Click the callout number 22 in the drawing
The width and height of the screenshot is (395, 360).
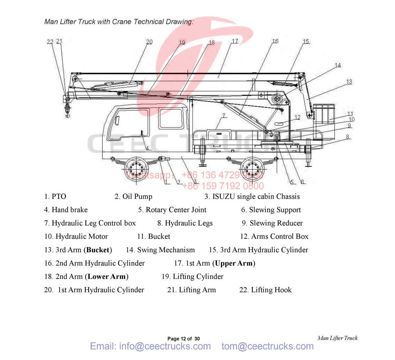50,42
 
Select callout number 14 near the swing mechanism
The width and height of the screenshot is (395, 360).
338,65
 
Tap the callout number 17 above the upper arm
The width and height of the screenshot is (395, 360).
235,41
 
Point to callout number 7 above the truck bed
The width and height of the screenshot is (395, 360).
224,116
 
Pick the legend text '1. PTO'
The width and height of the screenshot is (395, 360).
55,197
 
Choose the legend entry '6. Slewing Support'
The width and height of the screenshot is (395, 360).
271,210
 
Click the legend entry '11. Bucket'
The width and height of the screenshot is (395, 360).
154,236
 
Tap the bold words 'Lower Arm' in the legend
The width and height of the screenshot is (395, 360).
107,277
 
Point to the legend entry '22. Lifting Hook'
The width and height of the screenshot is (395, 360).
265,290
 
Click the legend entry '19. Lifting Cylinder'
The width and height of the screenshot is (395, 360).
193,277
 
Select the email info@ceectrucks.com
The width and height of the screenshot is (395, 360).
150,346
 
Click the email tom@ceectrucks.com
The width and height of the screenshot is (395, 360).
267,346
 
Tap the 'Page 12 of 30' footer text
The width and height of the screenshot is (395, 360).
183,339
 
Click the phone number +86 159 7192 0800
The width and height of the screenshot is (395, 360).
223,186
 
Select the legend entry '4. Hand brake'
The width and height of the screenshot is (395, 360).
66,210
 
